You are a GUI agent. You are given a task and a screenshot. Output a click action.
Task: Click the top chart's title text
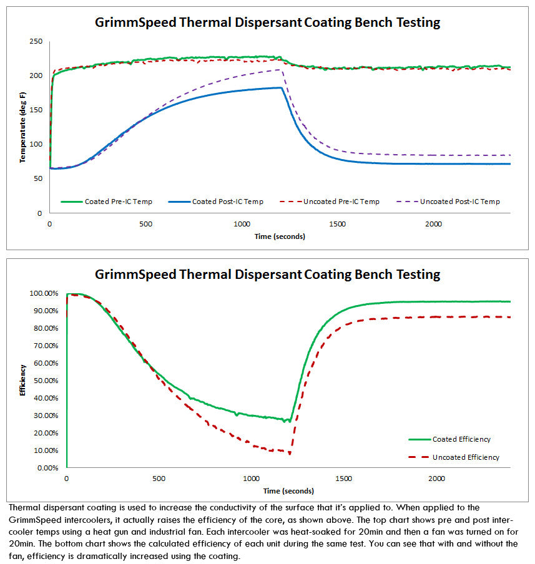tap(267, 22)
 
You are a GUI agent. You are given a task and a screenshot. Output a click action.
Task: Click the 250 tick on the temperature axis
tap(36, 41)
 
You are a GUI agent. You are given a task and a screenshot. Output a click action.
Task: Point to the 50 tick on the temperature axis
tap(37, 178)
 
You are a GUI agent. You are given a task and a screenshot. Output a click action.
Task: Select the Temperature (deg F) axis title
tap(22, 127)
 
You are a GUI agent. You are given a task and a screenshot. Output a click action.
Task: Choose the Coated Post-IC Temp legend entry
tap(227, 202)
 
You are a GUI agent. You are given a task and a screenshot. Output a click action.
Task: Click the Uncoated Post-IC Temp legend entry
tap(459, 202)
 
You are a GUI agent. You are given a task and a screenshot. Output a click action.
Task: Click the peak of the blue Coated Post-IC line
tap(281, 88)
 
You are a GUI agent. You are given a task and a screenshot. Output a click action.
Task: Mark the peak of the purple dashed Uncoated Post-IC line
tap(283, 70)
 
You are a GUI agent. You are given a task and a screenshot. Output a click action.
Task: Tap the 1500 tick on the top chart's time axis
tap(338, 224)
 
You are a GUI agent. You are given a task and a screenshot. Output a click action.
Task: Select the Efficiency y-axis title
tap(22, 379)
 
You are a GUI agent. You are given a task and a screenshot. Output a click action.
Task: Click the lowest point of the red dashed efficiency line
tap(290, 454)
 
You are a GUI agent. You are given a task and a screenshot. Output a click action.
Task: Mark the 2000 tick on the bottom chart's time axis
tap(436, 479)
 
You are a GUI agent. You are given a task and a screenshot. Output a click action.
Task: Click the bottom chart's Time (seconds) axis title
tap(288, 491)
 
